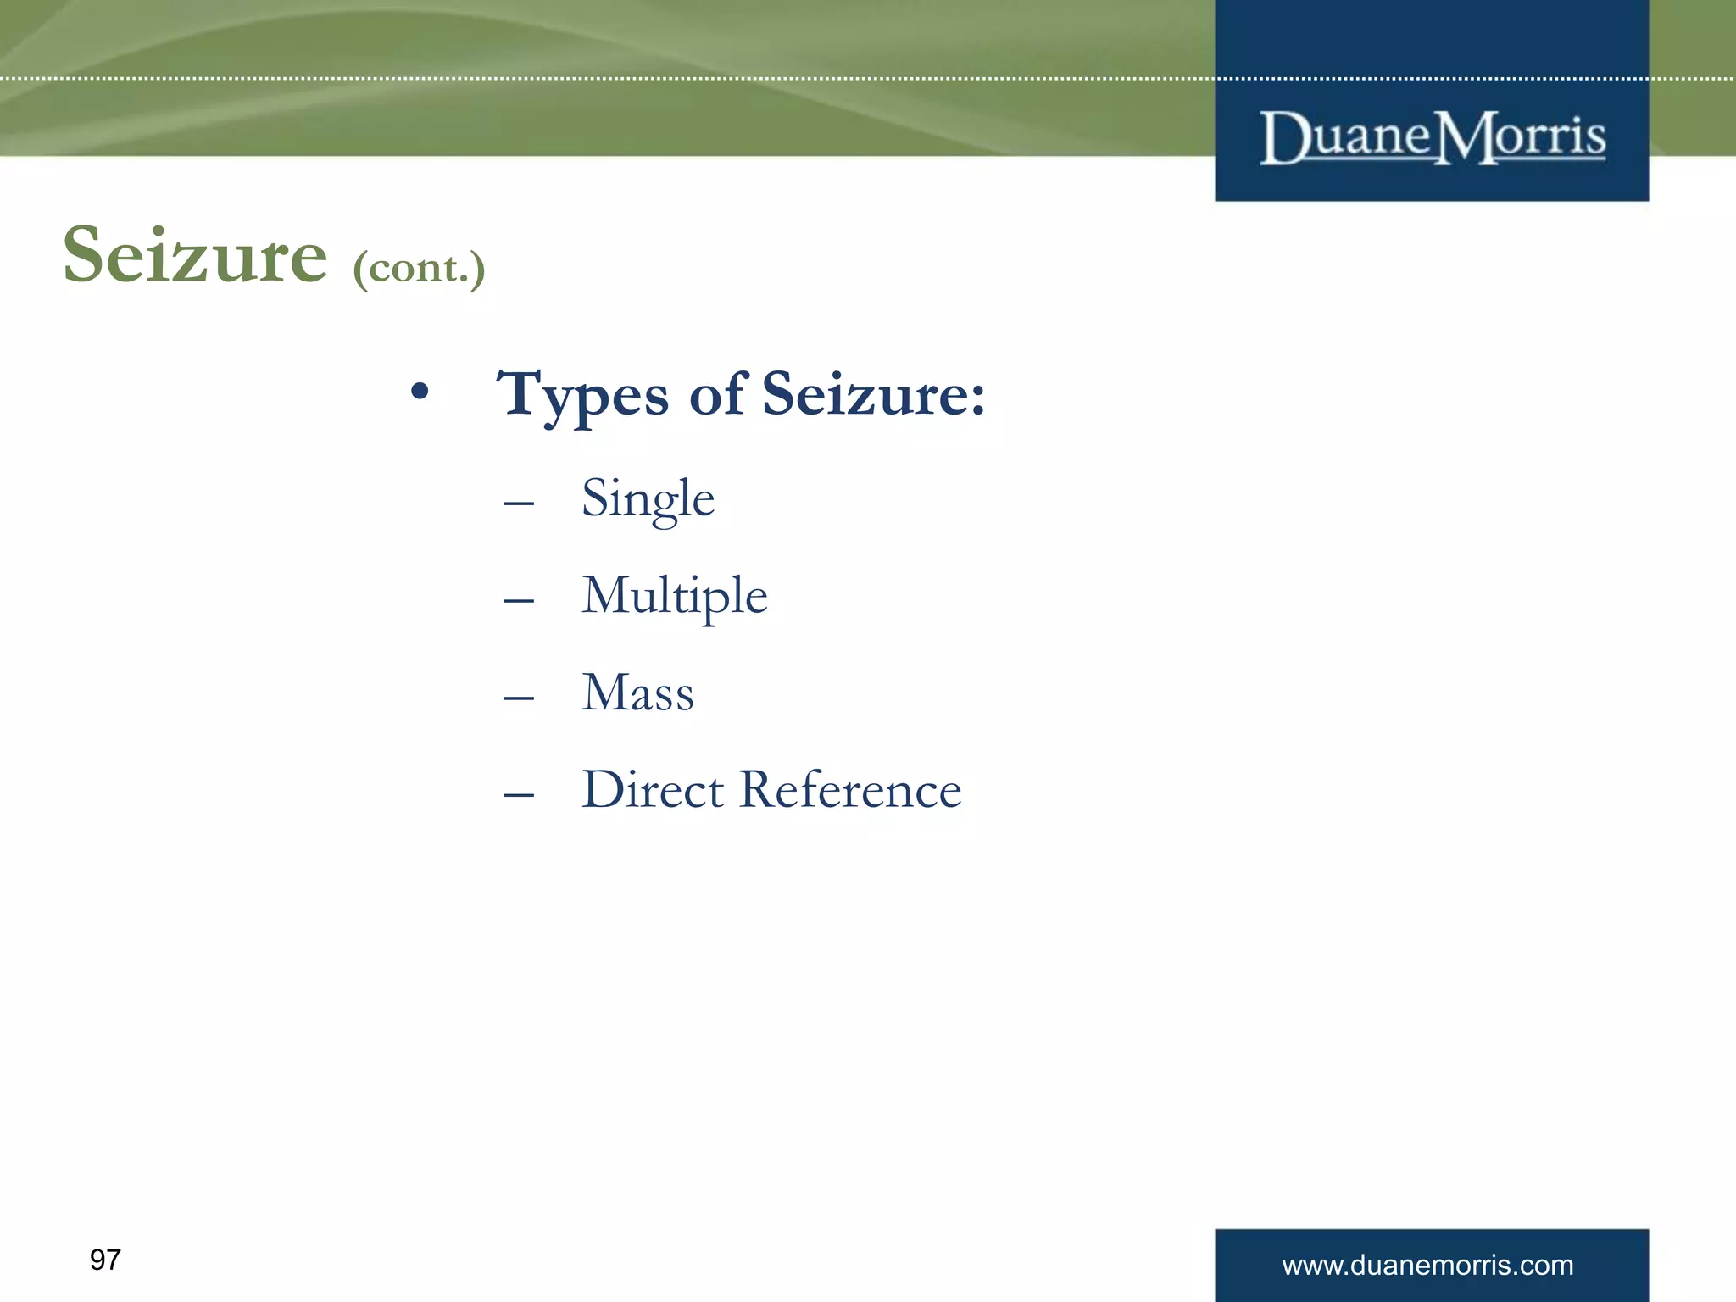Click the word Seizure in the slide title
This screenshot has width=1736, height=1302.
tap(195, 256)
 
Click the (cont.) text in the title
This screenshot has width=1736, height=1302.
tap(419, 269)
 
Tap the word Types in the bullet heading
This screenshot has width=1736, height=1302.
tap(583, 395)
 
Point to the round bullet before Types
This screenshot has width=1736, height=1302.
tap(420, 392)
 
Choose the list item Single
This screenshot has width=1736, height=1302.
tap(648, 499)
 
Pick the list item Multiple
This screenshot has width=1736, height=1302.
tap(674, 596)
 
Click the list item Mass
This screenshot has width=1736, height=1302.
tap(637, 693)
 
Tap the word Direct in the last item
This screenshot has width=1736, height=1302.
tap(653, 790)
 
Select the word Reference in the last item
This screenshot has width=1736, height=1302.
tap(850, 790)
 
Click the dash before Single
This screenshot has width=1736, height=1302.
tap(519, 504)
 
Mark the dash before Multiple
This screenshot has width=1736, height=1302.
tap(519, 601)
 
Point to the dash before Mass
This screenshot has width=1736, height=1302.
tap(519, 698)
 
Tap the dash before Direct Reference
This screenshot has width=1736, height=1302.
tap(519, 795)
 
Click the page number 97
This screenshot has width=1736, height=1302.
tap(105, 1260)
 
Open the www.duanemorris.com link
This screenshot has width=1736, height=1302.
tap(1427, 1266)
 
